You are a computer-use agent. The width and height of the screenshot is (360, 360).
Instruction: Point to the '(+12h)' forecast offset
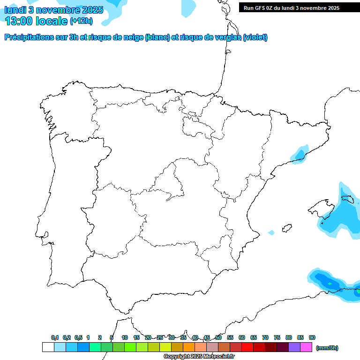click(81, 21)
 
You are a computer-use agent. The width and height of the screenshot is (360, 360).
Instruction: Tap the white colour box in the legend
click(48, 347)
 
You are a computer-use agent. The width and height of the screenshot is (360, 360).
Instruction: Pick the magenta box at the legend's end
click(306, 347)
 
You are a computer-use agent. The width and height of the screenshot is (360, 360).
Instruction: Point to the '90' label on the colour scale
click(312, 337)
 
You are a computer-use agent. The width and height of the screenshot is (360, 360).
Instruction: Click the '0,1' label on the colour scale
click(55, 337)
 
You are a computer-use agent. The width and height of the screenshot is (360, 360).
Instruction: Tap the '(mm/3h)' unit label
click(327, 348)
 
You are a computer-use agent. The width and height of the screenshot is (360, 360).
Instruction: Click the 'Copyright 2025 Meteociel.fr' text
click(199, 357)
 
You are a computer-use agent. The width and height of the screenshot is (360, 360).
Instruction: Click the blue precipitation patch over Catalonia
click(299, 155)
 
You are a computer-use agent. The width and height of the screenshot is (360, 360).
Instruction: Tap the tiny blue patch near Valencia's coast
click(271, 232)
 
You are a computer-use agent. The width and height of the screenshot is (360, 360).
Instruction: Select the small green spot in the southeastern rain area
click(330, 284)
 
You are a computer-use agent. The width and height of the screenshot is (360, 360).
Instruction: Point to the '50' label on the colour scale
click(218, 337)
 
